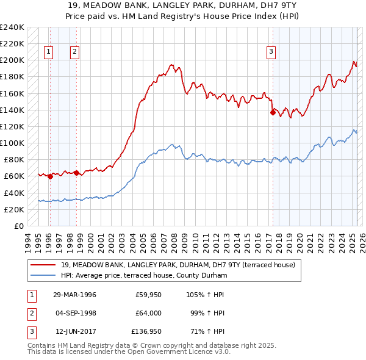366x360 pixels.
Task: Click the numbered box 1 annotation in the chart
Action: [48, 52]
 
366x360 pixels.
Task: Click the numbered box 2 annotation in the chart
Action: [74, 52]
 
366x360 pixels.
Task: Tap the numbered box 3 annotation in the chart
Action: [270, 52]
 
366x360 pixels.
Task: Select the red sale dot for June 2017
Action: [272, 112]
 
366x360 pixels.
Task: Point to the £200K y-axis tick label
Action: [12, 60]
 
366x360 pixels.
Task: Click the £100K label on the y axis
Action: [12, 143]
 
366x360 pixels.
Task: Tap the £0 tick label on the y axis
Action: [18, 226]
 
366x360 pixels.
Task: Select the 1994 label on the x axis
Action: [28, 241]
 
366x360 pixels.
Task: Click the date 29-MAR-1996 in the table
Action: [75, 295]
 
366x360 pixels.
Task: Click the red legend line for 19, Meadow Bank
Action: [43, 265]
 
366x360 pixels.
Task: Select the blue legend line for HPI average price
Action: [43, 276]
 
